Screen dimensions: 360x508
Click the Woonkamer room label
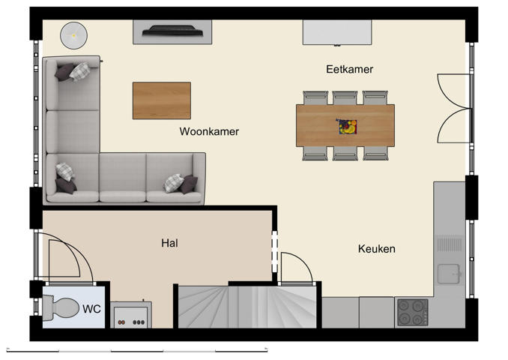209,131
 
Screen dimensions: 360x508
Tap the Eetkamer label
349,69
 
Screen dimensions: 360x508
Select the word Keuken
376,249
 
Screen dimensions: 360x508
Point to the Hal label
169,243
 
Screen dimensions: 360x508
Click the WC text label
91,309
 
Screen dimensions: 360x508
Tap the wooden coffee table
161,100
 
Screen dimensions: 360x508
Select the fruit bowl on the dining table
346,126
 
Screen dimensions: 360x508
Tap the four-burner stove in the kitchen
412,312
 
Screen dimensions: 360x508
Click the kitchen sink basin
449,274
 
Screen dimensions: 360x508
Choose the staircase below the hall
247,306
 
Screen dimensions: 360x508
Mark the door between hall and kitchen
297,266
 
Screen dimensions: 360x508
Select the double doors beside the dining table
454,109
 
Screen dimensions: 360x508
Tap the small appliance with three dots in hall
131,315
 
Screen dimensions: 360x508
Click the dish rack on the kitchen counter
449,244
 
